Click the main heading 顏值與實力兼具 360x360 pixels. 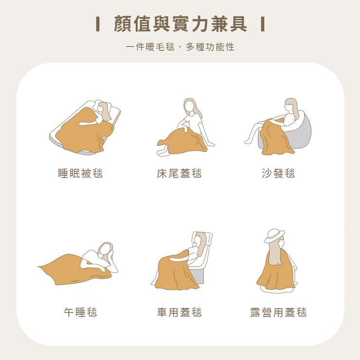point(180,24)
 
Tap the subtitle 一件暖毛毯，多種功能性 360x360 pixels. point(180,47)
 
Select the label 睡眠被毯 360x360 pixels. point(80,173)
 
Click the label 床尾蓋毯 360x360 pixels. point(179,173)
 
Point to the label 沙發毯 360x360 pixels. point(278,173)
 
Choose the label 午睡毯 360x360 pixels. point(80,312)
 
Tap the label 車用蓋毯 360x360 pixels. point(179,312)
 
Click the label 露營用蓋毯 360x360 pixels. point(278,312)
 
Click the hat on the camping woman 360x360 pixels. point(275,235)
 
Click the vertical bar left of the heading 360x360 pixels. point(98,24)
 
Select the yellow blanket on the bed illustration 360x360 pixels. point(83,131)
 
